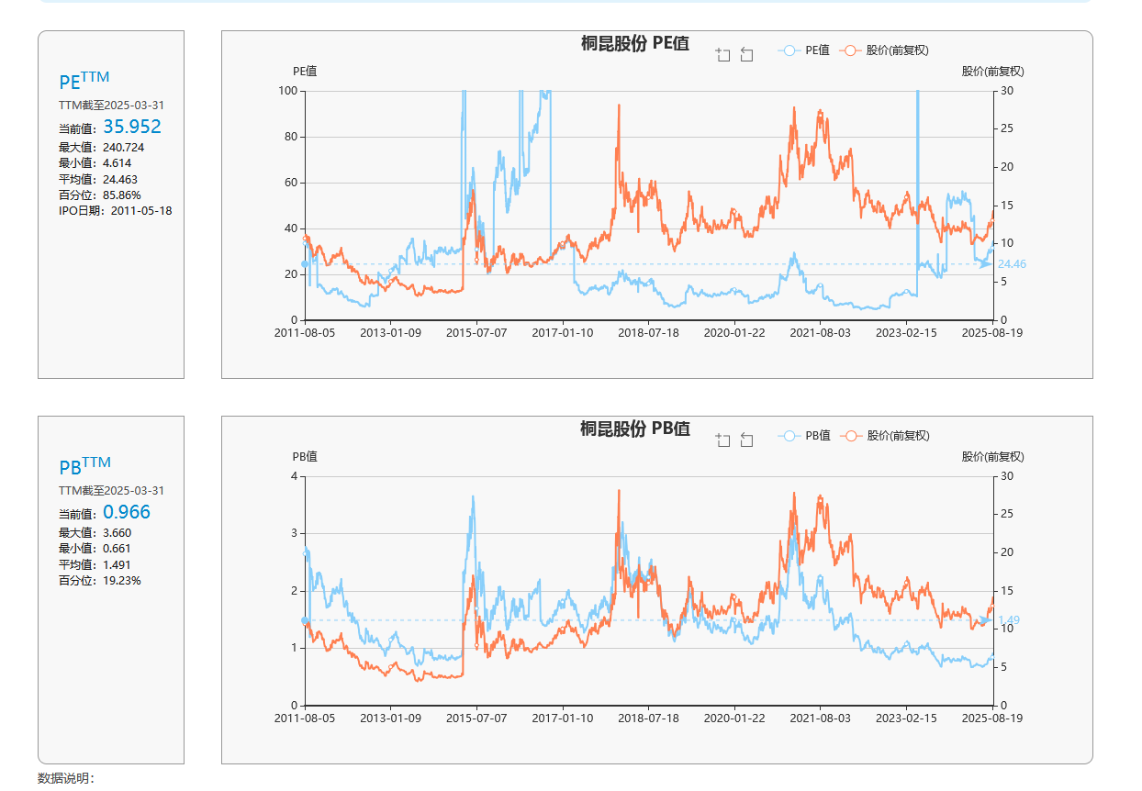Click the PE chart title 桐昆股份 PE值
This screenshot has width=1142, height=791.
click(x=635, y=43)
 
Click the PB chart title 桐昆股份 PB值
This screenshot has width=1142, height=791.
click(x=635, y=429)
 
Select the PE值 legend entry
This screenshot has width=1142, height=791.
click(x=805, y=50)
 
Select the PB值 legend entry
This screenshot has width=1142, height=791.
click(x=805, y=436)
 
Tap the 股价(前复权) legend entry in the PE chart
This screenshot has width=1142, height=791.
click(x=888, y=50)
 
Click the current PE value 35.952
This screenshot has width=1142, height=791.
click(x=132, y=127)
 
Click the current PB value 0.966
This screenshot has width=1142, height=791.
click(x=127, y=512)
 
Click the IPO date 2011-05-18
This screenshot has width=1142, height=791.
click(x=141, y=210)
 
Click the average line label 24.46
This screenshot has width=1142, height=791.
click(x=1012, y=264)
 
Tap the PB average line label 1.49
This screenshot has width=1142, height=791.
click(x=1008, y=620)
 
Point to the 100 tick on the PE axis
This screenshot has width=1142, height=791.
click(x=288, y=90)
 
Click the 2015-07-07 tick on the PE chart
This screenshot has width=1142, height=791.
click(x=476, y=333)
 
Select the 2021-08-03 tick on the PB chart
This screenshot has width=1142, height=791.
click(x=820, y=719)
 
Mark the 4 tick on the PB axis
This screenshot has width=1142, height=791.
click(x=294, y=475)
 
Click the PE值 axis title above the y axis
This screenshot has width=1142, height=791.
click(x=305, y=71)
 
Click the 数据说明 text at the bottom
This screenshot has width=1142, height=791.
click(x=66, y=778)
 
